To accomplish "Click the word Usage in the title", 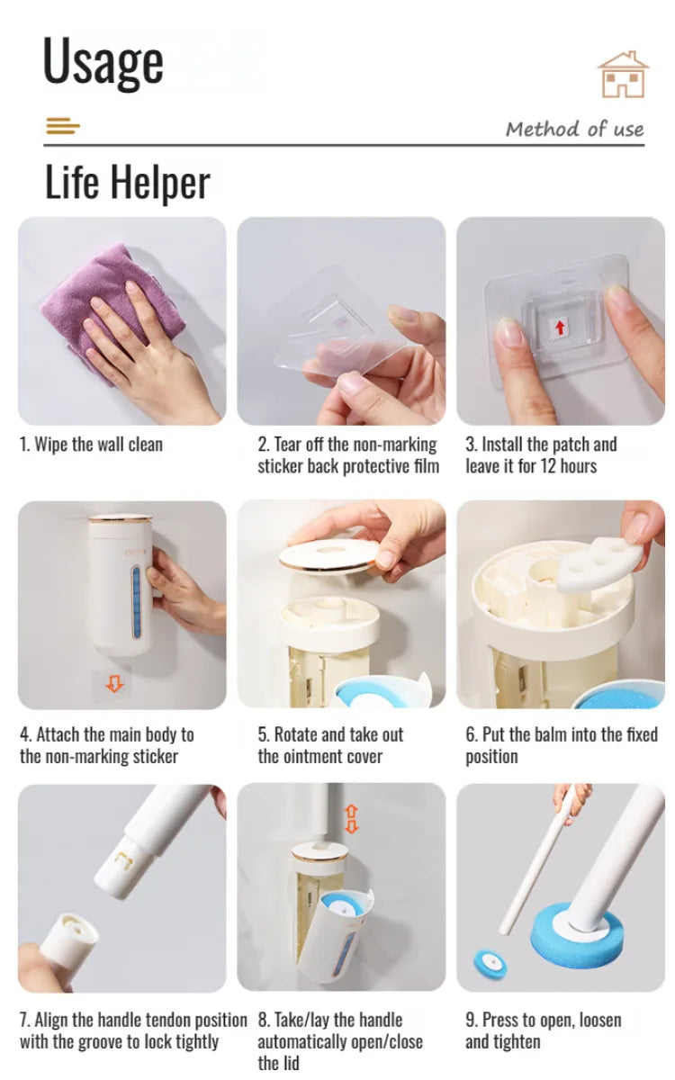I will point(103,61).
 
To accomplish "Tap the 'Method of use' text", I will point(574,129).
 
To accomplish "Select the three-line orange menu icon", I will point(62,127).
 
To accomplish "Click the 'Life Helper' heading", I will point(127,182).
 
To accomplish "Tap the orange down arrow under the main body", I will point(114,684).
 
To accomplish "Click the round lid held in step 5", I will point(328,554).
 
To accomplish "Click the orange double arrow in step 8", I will point(351,819).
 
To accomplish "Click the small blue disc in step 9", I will point(490,961).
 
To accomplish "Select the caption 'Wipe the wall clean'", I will point(91,445).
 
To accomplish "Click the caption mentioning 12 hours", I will point(541,455).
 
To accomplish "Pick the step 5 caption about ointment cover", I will point(330,745).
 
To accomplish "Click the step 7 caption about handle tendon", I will point(132,1030).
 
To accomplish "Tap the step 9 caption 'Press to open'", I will point(543,1030).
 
